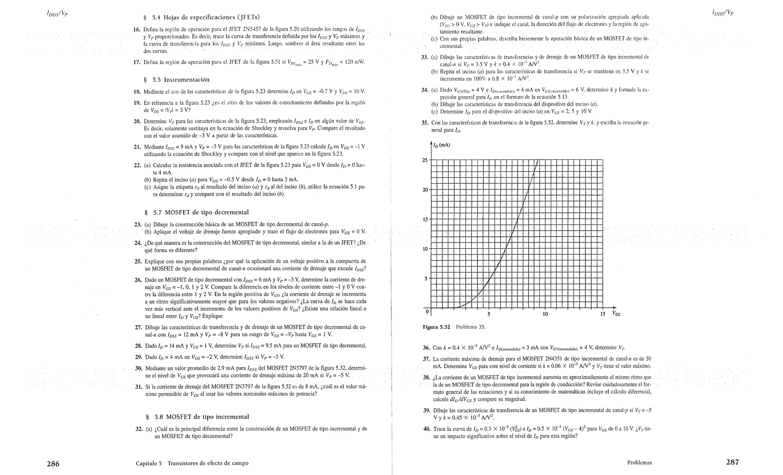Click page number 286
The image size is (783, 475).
click(x=53, y=464)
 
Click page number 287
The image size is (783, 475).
click(x=732, y=462)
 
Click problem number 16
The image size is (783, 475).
click(x=136, y=29)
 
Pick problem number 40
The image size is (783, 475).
click(x=427, y=429)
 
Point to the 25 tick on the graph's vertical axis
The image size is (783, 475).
click(x=425, y=160)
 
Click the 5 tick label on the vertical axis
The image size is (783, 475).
click(x=426, y=279)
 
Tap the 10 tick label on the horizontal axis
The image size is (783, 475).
click(x=545, y=314)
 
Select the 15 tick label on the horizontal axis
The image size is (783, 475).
click(x=603, y=314)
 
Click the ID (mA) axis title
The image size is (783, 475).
click(x=442, y=145)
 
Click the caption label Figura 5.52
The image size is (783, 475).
click(x=436, y=327)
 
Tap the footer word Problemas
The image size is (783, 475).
click(x=639, y=463)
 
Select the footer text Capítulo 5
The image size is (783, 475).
click(x=149, y=464)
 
